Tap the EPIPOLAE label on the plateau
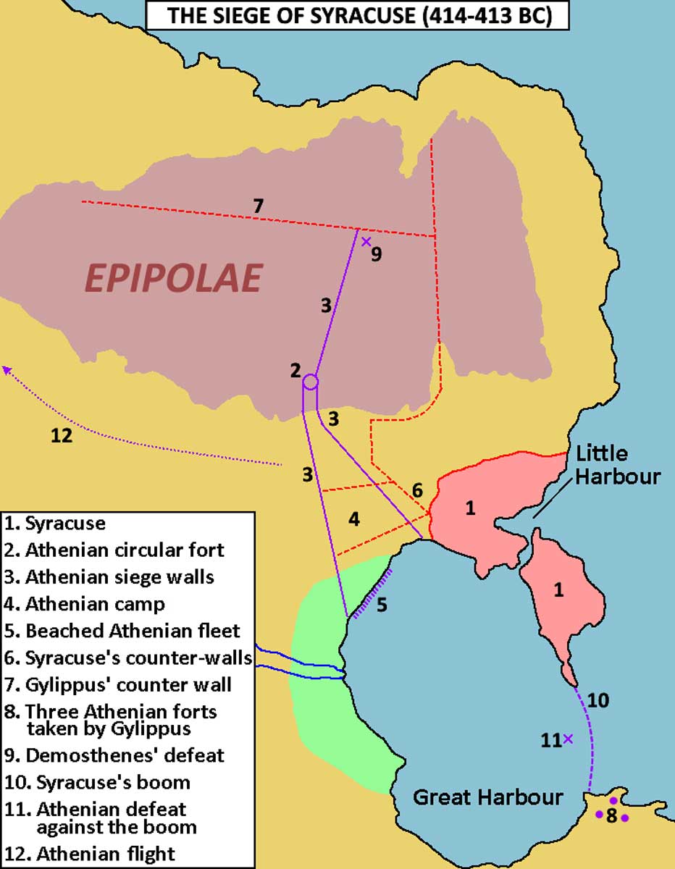pyautogui.click(x=174, y=278)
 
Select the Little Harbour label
pyautogui.click(x=618, y=465)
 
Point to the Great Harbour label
pyautogui.click(x=487, y=797)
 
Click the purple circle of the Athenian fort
pyautogui.click(x=310, y=381)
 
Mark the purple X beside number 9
pyautogui.click(x=366, y=241)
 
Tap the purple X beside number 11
pyautogui.click(x=568, y=739)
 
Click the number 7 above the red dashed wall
pyautogui.click(x=258, y=206)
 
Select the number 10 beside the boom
pyautogui.click(x=598, y=700)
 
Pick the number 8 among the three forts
pyautogui.click(x=612, y=816)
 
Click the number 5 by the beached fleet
pyautogui.click(x=382, y=603)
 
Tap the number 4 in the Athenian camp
pyautogui.click(x=353, y=519)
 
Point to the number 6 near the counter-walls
pyautogui.click(x=417, y=490)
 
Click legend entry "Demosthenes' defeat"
pyautogui.click(x=125, y=755)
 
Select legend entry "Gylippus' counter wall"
pyautogui.click(x=128, y=683)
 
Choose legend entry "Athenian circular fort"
pyautogui.click(x=125, y=550)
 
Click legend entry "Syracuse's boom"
pyautogui.click(x=108, y=782)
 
